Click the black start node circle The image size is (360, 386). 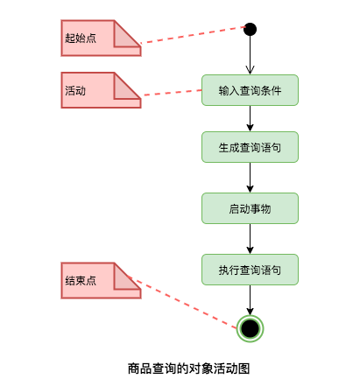click(x=251, y=29)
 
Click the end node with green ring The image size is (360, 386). click(x=251, y=328)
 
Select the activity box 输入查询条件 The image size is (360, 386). click(x=251, y=90)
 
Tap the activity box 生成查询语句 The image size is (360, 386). click(x=251, y=147)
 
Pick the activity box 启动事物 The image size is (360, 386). click(x=251, y=208)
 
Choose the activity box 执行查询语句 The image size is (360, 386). click(x=251, y=269)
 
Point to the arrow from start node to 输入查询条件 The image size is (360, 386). click(x=251, y=55)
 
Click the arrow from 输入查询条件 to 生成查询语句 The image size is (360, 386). click(x=251, y=118)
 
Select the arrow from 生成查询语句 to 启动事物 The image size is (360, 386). click(x=251, y=178)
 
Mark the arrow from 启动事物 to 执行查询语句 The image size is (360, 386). click(x=251, y=238)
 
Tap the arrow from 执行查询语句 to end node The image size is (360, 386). click(x=251, y=298)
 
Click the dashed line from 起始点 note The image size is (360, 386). click(x=193, y=35)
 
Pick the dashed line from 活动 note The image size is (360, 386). click(x=172, y=91)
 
